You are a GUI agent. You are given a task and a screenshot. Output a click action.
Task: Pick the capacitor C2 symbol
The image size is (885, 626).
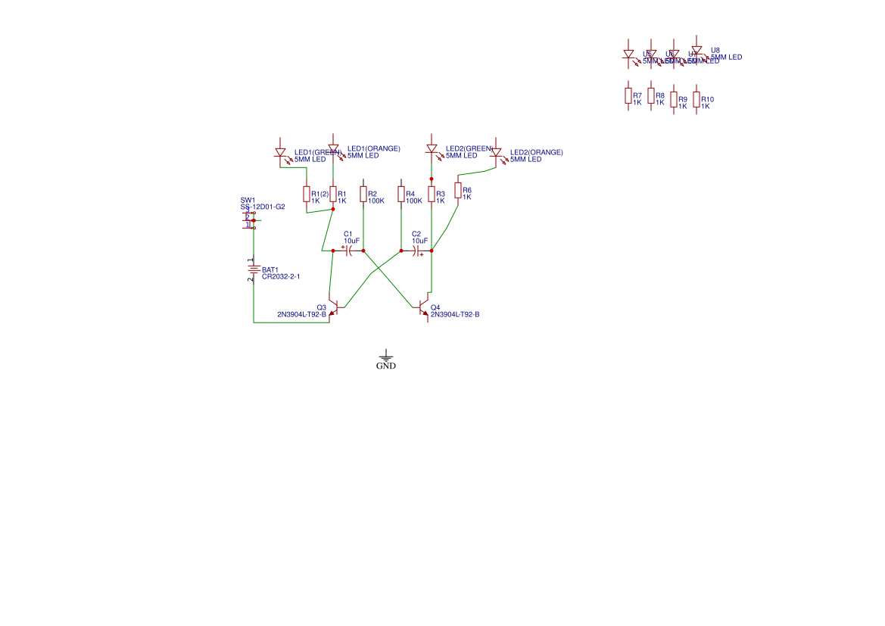tap(417, 251)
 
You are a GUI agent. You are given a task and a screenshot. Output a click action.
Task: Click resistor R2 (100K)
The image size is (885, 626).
tap(363, 195)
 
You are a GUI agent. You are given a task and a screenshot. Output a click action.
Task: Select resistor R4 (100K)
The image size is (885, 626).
tap(401, 195)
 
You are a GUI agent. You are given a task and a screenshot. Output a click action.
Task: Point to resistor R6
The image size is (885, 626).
tap(458, 190)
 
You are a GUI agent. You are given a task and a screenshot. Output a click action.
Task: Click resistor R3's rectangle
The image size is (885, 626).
tap(432, 195)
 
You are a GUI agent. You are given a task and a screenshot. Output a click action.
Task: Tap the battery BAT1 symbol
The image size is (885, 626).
tap(254, 269)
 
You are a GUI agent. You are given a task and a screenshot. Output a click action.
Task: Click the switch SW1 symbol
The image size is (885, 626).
tap(251, 220)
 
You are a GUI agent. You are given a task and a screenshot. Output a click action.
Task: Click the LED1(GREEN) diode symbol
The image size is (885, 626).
tap(281, 153)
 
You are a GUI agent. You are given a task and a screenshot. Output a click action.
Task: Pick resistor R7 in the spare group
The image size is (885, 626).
tap(628, 95)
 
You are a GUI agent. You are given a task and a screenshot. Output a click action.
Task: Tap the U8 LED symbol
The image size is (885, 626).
tap(696, 51)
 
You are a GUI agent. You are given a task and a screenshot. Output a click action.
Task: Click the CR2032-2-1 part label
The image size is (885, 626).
tap(281, 277)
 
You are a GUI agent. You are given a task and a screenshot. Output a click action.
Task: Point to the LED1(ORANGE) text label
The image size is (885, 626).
tap(373, 148)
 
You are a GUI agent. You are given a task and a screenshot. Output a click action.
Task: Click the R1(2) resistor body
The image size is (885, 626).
tap(307, 195)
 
